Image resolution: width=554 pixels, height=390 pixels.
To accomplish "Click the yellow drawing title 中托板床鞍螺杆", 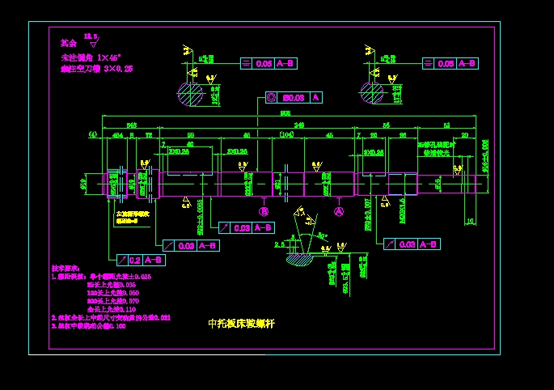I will (x=242, y=323).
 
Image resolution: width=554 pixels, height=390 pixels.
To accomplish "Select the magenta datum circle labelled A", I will (x=339, y=211).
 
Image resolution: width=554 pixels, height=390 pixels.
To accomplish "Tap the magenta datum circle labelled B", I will (x=264, y=211).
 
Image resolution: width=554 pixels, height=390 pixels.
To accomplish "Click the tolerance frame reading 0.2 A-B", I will (x=142, y=260).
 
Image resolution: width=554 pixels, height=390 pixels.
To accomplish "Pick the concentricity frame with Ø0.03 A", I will (x=294, y=97).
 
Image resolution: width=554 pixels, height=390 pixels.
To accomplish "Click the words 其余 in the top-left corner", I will (x=68, y=43).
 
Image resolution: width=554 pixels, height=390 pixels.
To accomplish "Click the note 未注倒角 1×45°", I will (x=91, y=58).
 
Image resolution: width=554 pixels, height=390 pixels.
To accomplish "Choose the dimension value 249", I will (x=298, y=125).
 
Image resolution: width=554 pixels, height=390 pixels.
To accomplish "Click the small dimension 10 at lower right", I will (x=470, y=220).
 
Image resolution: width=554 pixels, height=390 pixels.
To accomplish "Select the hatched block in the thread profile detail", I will (x=299, y=259).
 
